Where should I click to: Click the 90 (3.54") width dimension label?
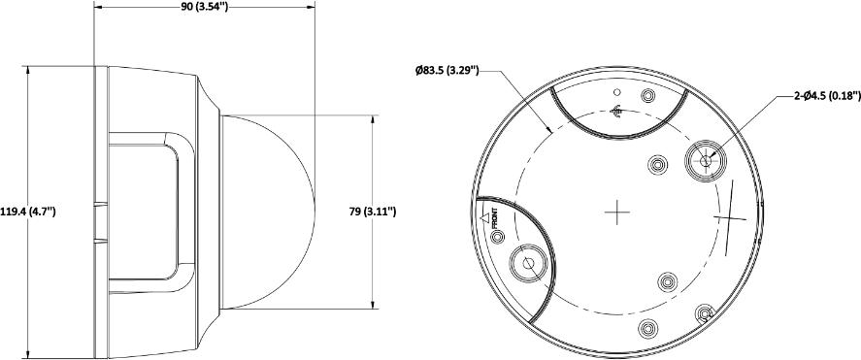point(204,7)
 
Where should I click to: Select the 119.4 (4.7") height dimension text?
point(27,212)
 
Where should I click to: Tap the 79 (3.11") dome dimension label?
point(373,212)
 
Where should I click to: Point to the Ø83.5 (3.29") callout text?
point(447,71)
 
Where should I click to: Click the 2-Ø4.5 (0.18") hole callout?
point(827,96)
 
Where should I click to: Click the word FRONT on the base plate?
point(494,218)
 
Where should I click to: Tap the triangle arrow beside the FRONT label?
point(484,218)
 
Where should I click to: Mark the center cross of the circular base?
point(616,213)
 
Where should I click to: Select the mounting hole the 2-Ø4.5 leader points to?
point(705,159)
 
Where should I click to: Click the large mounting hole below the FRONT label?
point(528,263)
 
